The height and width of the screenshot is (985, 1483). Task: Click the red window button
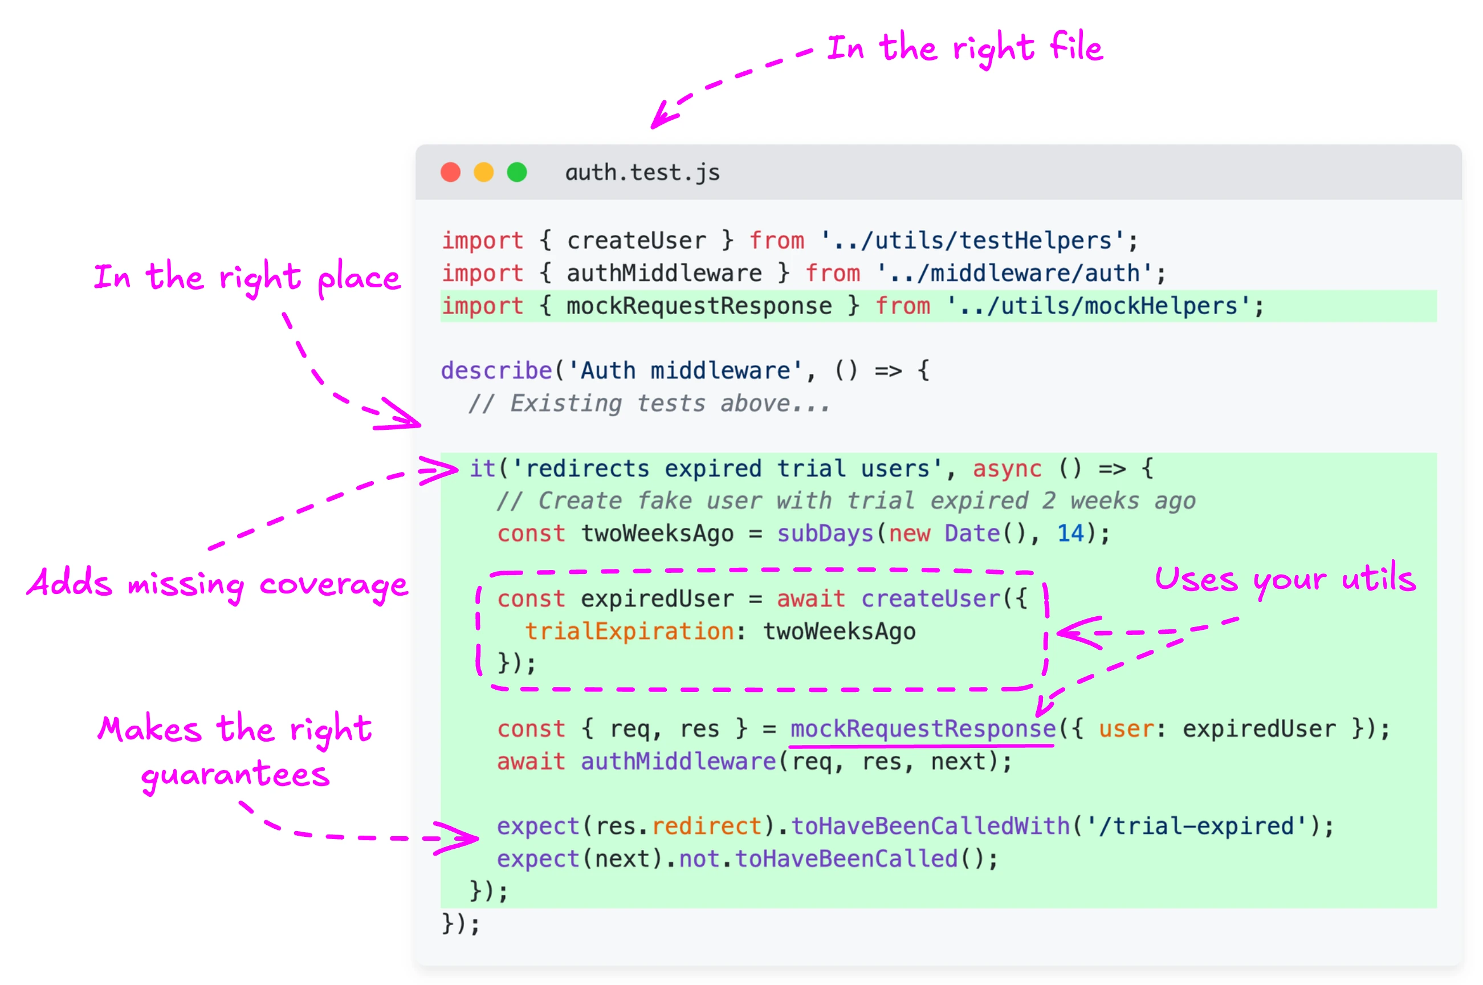pos(450,172)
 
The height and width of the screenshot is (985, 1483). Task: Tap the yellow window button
pos(484,172)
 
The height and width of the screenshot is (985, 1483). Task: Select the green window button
pos(517,172)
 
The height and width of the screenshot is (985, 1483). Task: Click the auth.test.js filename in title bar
pos(642,173)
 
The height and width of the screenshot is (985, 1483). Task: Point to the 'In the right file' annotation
pos(964,48)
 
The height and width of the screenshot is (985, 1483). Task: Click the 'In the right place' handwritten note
pos(247,277)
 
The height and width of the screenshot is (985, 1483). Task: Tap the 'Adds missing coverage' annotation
pos(217,584)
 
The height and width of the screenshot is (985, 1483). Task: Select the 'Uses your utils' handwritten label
pos(1285,579)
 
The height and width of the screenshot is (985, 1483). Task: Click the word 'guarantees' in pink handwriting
pos(235,775)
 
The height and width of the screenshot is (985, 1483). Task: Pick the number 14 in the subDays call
pos(1070,534)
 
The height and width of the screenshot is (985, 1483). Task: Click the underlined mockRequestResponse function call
pos(922,729)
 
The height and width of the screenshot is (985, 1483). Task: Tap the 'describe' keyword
pos(496,371)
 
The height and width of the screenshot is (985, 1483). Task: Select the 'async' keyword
pos(1007,469)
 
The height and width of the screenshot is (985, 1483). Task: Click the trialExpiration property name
pos(629,632)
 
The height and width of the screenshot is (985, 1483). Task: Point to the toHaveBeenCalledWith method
pos(930,827)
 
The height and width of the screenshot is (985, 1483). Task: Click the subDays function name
pos(825,534)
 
